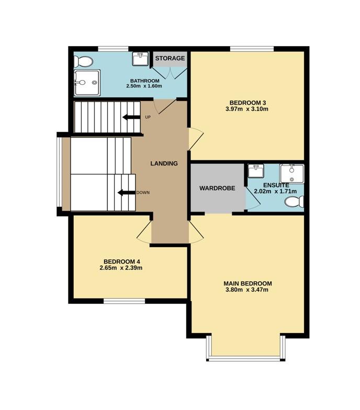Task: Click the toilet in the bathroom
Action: point(83,62)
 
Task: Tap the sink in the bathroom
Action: point(140,59)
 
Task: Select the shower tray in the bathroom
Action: point(87,83)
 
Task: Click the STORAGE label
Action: point(170,58)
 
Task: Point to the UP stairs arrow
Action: point(131,117)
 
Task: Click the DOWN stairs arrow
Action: point(127,193)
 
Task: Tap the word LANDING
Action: point(164,163)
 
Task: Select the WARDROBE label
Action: point(217,189)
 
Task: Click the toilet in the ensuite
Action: point(294,202)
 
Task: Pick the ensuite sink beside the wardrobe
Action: point(256,171)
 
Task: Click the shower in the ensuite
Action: point(292,174)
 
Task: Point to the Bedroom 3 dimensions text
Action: point(247,109)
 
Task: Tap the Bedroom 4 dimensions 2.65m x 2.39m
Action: point(121,268)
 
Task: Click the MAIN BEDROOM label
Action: point(248,283)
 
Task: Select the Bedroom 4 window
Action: point(125,301)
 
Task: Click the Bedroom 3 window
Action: point(252,49)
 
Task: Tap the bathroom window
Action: point(113,49)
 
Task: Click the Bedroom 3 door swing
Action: point(196,139)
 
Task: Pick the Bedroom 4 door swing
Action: point(144,232)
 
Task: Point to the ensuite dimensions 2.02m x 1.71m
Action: point(275,192)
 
